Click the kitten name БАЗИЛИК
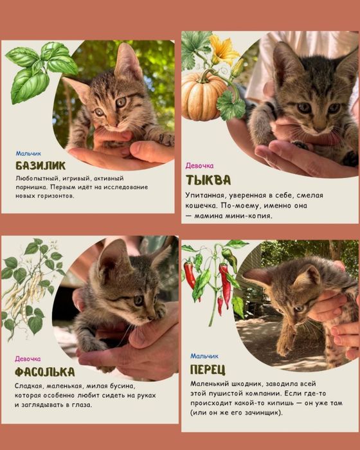click(x=40, y=166)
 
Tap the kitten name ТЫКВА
click(x=208, y=180)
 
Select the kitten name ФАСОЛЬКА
click(x=44, y=372)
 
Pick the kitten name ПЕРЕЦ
click(x=208, y=370)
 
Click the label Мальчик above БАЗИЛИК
click(x=28, y=154)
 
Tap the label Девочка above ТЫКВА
click(x=199, y=166)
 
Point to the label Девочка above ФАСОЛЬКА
click(x=28, y=359)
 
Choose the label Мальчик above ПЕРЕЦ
click(x=204, y=356)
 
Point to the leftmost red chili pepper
click(x=190, y=275)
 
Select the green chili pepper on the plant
click(x=230, y=258)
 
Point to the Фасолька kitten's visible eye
click(x=138, y=300)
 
